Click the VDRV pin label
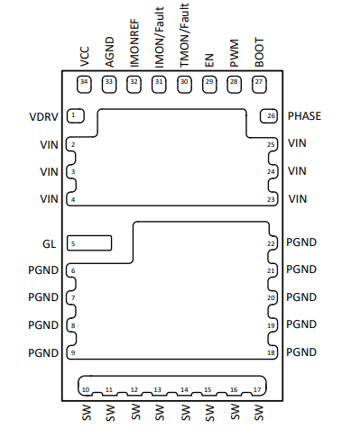(43, 116)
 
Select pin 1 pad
(76, 115)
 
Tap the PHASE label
(304, 116)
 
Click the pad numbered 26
(269, 116)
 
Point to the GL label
(50, 243)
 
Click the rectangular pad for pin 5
(89, 242)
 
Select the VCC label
(85, 57)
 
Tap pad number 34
(84, 85)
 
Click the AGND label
(109, 52)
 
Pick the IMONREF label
(134, 43)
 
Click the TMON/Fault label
(184, 35)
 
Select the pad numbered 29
(209, 85)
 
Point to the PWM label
(234, 53)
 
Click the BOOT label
(259, 52)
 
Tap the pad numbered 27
(259, 85)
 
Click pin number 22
(271, 243)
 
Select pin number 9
(73, 352)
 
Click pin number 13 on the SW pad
(158, 389)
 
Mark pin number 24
(271, 171)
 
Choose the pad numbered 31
(159, 85)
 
